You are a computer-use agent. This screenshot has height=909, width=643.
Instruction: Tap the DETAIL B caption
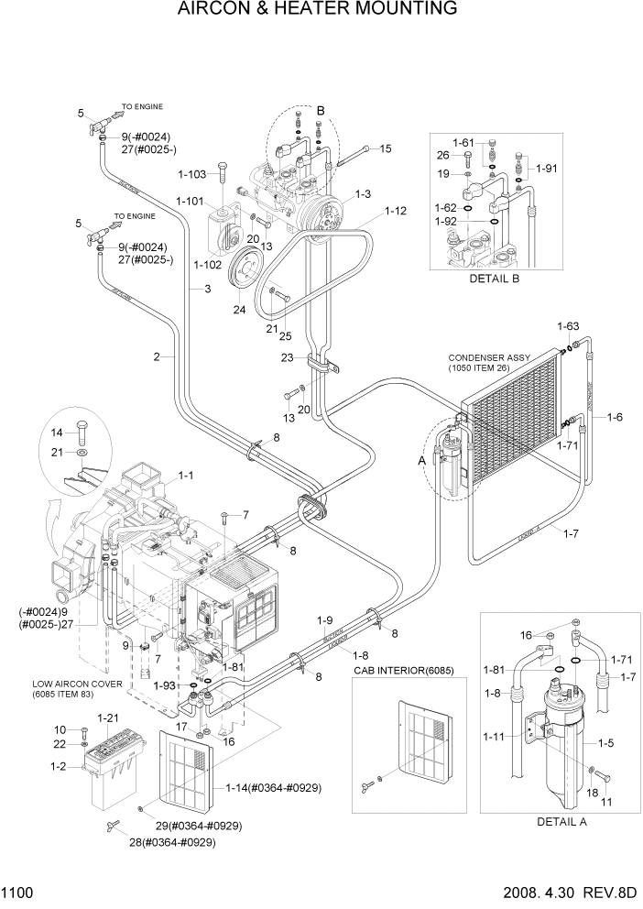coord(494,279)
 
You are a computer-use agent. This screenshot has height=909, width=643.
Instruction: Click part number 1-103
coord(192,173)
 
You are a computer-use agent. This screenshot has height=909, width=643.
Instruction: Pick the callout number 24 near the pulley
coord(239,309)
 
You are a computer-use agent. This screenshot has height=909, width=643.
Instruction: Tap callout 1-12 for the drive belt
coord(396,211)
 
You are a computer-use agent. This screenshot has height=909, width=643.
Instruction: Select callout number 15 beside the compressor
coord(385,148)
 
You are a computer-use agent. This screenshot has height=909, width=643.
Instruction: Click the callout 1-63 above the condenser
coord(569,325)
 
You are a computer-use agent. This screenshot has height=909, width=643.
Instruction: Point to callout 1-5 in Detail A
coord(605,744)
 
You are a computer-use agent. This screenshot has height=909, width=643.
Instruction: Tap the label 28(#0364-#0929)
coord(173,842)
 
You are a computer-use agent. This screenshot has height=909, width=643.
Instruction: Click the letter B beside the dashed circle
coord(321,111)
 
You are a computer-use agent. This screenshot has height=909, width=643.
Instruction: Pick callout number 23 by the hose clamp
coord(287,358)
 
